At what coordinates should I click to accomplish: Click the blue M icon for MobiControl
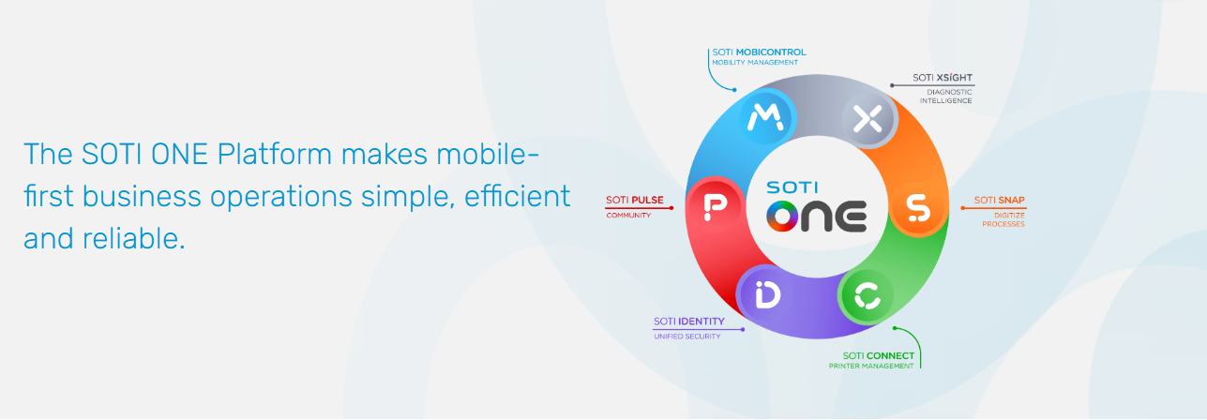(x=765, y=117)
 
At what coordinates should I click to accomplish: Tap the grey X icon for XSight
(x=868, y=118)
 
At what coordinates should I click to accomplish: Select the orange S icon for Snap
(x=917, y=207)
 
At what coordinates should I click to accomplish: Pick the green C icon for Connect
(x=867, y=295)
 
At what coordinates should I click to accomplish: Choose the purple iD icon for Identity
(x=767, y=294)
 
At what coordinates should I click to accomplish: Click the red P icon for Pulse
(x=716, y=206)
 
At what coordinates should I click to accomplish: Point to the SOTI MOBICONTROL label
(x=759, y=52)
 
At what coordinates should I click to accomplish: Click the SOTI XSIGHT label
(x=942, y=78)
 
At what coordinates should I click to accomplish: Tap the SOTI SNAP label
(x=999, y=200)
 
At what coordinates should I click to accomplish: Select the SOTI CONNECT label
(x=879, y=356)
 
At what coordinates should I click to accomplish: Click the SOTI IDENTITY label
(x=689, y=322)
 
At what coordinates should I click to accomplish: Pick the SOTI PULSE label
(x=635, y=200)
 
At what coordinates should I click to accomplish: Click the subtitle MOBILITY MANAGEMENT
(x=755, y=63)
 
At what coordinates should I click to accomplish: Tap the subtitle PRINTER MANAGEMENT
(x=871, y=367)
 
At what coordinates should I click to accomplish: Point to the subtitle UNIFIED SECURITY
(x=687, y=337)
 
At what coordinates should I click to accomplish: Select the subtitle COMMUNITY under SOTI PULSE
(x=628, y=216)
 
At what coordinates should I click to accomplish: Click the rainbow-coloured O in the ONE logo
(x=782, y=217)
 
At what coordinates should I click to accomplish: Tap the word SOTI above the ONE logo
(x=792, y=187)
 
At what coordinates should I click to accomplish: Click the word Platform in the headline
(x=275, y=155)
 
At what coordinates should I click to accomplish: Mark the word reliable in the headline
(x=134, y=238)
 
